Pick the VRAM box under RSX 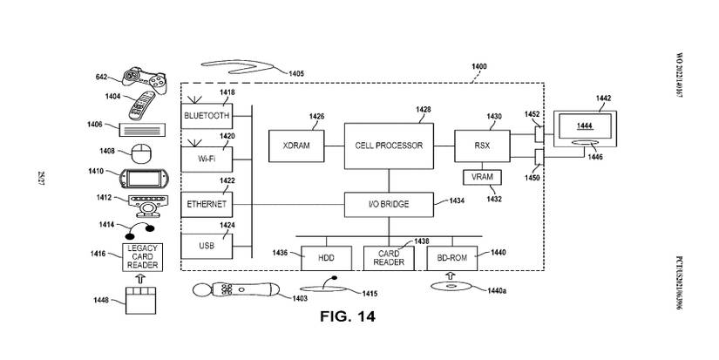479,178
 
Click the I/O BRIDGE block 389,204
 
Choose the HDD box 323,258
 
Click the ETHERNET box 207,204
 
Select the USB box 207,247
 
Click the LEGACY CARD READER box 143,257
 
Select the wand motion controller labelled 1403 235,291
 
